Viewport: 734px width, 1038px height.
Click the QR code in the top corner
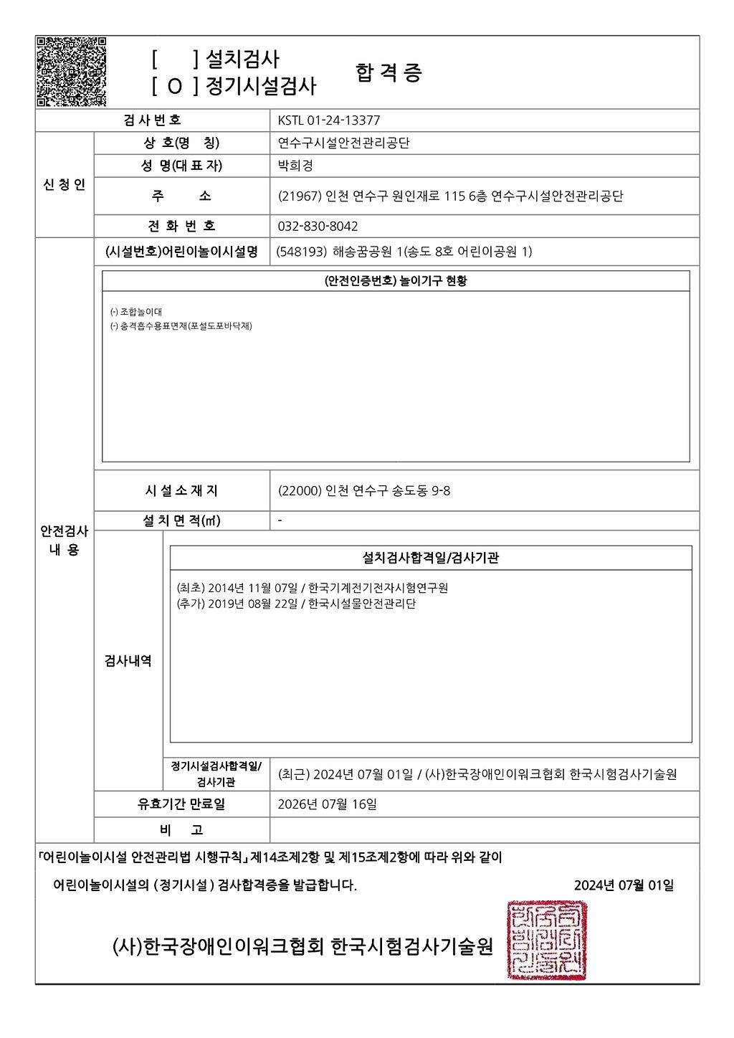click(72, 72)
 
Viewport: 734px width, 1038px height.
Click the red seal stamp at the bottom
click(547, 940)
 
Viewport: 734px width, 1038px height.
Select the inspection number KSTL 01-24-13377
click(329, 120)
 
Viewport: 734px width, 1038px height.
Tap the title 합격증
click(389, 72)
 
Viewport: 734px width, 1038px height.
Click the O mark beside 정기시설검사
click(175, 87)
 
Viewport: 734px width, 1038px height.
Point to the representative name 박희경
click(295, 166)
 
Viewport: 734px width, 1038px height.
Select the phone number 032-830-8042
click(318, 226)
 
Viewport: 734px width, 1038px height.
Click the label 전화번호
click(182, 226)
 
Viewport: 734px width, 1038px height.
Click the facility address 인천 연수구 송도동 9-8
click(387, 491)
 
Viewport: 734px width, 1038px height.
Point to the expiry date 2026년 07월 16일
click(327, 804)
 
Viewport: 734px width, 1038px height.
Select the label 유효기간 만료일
click(181, 804)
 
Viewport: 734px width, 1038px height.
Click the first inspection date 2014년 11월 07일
click(252, 588)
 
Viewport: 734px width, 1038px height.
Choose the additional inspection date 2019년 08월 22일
click(252, 604)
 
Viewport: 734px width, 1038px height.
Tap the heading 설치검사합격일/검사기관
click(430, 557)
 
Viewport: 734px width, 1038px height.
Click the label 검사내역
click(128, 661)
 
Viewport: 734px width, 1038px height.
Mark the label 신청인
click(65, 185)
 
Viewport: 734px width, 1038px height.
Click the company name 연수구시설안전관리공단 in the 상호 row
click(344, 143)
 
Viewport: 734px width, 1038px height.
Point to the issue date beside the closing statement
click(624, 885)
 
